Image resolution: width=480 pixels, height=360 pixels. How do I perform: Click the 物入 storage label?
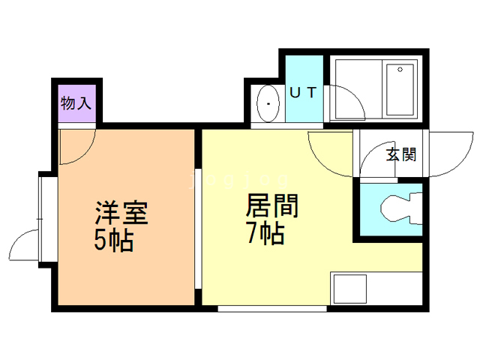76,103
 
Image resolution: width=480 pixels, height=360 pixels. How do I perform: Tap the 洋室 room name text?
121,212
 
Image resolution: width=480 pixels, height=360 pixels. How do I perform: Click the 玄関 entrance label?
401,155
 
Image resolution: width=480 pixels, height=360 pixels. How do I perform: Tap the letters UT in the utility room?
305,93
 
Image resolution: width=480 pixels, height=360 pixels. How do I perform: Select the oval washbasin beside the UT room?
268,104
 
